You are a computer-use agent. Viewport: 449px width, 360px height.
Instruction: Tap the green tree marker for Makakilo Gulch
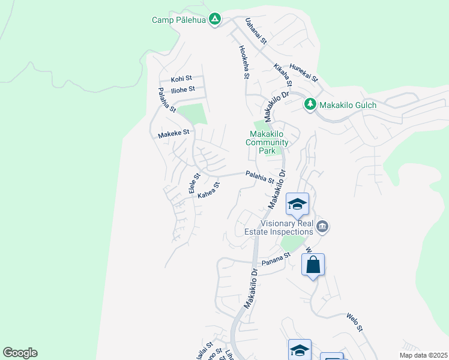click(x=310, y=105)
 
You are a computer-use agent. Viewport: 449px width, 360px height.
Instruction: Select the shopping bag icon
click(x=313, y=265)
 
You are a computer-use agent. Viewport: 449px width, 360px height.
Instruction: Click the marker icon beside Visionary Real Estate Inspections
click(x=323, y=226)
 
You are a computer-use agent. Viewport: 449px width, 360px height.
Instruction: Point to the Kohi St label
click(x=181, y=79)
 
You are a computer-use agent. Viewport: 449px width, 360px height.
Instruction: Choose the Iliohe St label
click(x=183, y=89)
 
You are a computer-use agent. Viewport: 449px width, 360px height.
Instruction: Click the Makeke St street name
click(x=173, y=134)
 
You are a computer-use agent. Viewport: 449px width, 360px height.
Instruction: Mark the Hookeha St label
click(x=243, y=62)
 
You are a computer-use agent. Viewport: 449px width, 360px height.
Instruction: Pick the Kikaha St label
click(x=282, y=75)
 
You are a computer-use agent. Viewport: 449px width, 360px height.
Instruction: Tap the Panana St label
click(x=275, y=259)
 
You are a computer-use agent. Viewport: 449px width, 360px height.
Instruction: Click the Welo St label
click(x=355, y=322)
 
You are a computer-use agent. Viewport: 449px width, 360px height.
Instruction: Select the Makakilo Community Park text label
click(x=267, y=143)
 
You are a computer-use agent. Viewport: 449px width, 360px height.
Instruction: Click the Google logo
click(x=20, y=353)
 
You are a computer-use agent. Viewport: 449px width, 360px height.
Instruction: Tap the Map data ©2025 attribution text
click(x=423, y=355)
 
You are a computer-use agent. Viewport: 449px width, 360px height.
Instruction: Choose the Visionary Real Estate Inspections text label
click(x=279, y=227)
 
